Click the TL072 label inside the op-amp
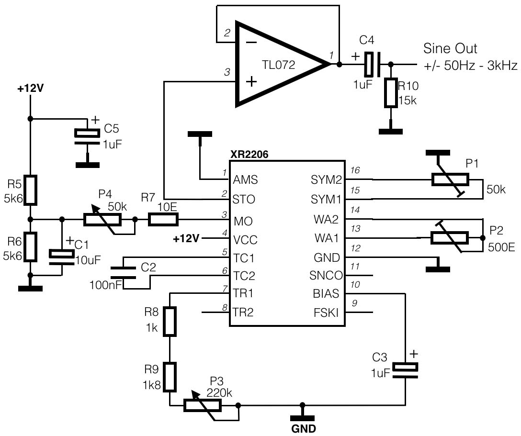(x=278, y=65)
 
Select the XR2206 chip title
(x=249, y=155)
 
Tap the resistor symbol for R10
(x=391, y=93)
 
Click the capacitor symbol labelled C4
(x=373, y=64)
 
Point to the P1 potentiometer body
(x=450, y=179)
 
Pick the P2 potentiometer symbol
(x=450, y=238)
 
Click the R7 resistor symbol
(x=163, y=220)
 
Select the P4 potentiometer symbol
(x=102, y=220)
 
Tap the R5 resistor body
(x=30, y=190)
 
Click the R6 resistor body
(x=30, y=246)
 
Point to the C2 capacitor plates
(x=123, y=272)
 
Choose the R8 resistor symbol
(x=170, y=322)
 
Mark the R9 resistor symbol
(x=170, y=377)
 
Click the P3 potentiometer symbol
(x=203, y=405)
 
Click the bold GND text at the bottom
(x=304, y=429)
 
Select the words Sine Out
(x=450, y=48)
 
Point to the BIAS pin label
(x=326, y=293)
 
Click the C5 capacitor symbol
(x=87, y=137)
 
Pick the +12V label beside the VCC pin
(x=186, y=238)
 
